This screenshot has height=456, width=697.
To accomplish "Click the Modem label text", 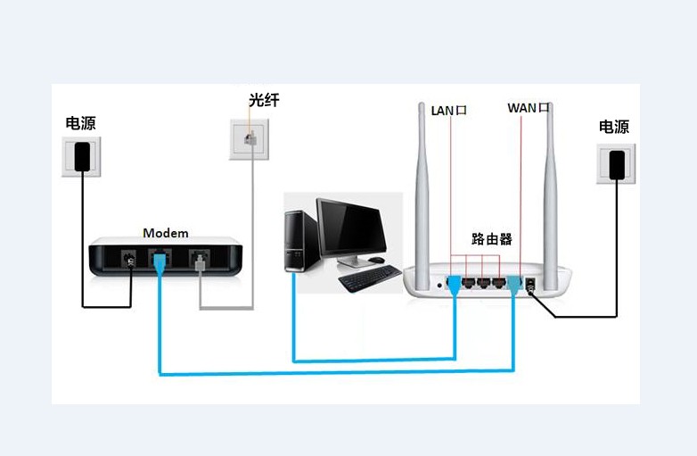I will click(x=166, y=233).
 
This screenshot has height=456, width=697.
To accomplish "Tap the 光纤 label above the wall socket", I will click(x=264, y=100).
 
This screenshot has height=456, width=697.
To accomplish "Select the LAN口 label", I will click(x=449, y=110).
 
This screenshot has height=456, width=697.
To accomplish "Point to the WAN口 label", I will click(x=528, y=108).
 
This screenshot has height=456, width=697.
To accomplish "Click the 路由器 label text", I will click(x=492, y=239).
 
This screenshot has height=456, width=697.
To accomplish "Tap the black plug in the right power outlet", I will click(x=616, y=165).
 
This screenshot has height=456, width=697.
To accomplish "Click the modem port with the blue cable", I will click(x=160, y=261).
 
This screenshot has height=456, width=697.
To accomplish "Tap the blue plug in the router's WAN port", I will click(x=514, y=285).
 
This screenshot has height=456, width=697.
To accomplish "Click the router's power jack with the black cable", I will click(x=533, y=285).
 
